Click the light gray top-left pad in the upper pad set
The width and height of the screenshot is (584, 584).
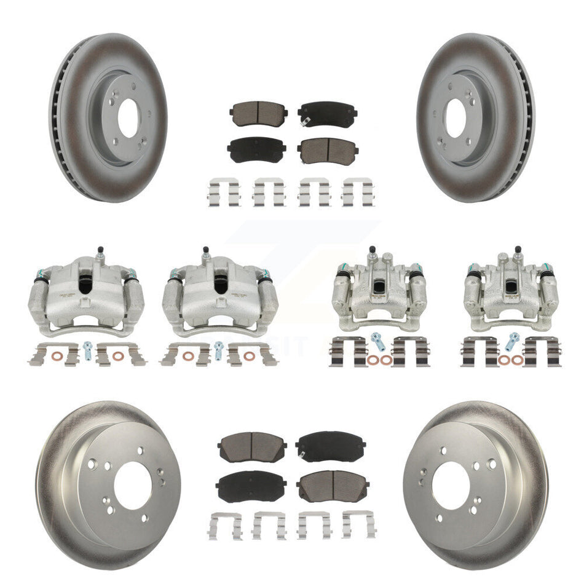point(254,111)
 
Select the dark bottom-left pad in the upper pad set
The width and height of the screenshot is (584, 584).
point(253,147)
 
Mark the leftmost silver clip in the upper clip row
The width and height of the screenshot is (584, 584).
point(224,191)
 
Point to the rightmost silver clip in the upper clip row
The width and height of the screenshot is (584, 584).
point(359,191)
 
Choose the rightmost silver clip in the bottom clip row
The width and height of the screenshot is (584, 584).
point(359,524)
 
